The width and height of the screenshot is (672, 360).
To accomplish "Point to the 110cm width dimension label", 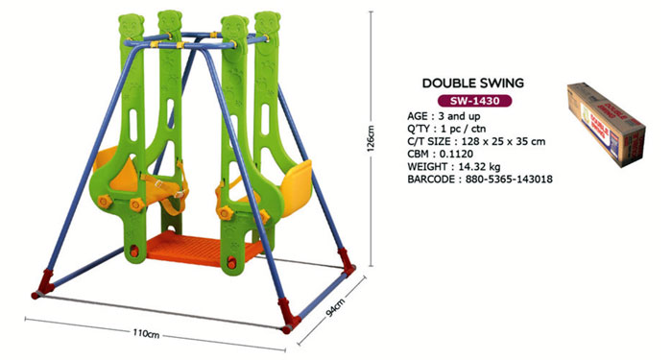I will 146,333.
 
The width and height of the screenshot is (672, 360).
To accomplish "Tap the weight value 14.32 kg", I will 476,167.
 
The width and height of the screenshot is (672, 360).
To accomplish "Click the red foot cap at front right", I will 285,313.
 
